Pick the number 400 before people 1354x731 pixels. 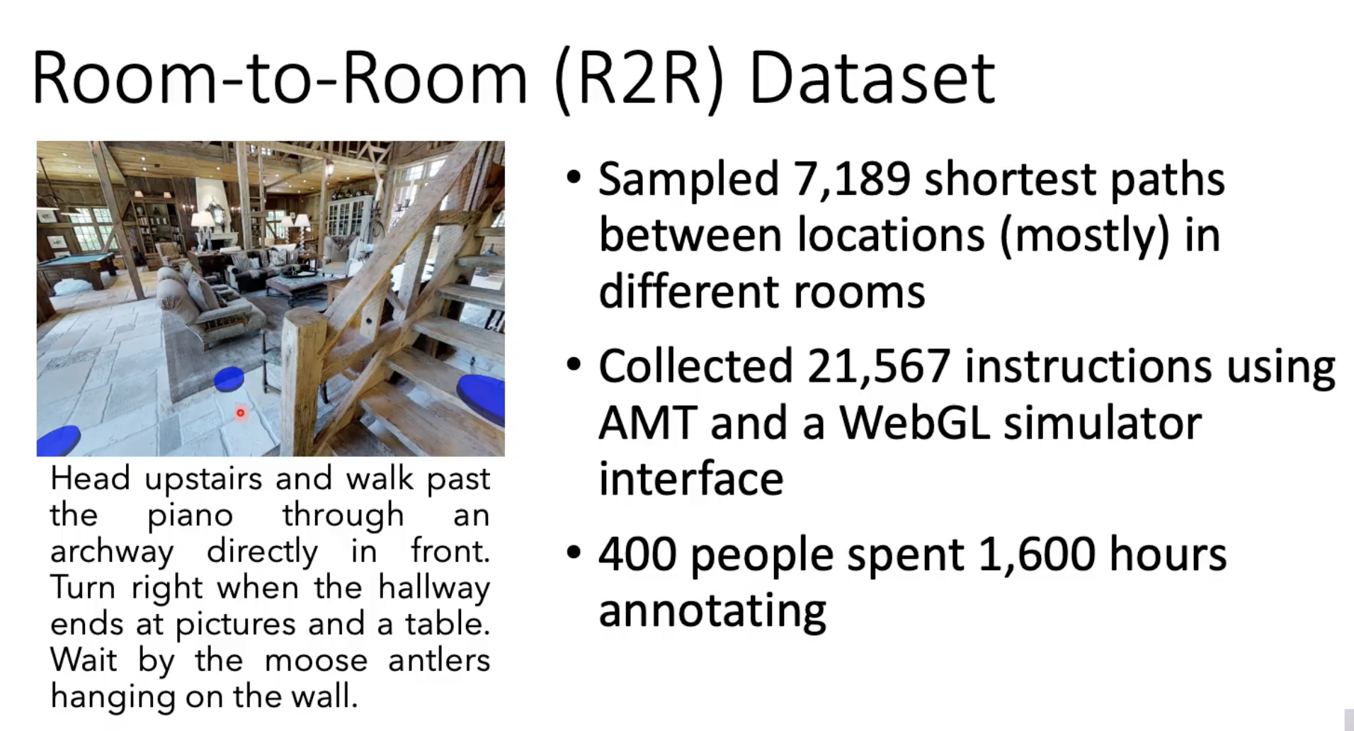coord(637,554)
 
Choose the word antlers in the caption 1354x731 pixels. coord(439,660)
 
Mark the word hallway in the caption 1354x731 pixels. coord(433,588)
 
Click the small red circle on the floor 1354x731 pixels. coord(240,412)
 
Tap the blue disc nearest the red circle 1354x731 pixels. coord(229,379)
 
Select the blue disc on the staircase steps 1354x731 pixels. coord(481,398)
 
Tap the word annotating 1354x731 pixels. coord(712,611)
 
